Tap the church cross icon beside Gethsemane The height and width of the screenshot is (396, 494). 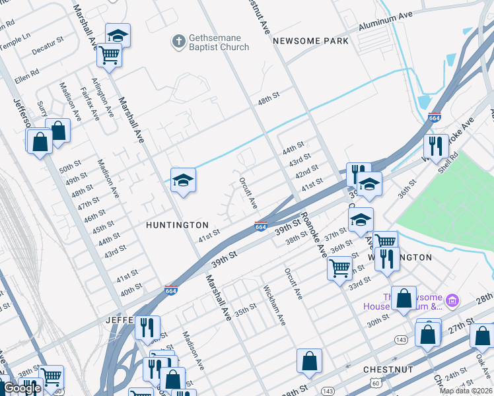coord(177,42)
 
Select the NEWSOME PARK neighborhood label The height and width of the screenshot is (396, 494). coord(310,41)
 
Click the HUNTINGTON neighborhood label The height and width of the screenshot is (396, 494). coord(177,225)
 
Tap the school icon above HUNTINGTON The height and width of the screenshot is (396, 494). coord(183,180)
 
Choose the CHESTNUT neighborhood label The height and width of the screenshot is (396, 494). coord(388,370)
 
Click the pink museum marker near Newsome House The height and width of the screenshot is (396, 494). coord(452,301)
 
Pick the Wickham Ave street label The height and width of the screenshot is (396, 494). coord(274,305)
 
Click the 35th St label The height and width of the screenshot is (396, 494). coord(245,308)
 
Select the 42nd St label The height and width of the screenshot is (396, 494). coord(307,173)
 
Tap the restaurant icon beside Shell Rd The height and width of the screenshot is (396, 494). coord(435,147)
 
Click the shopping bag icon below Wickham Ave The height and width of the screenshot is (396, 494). coord(309,361)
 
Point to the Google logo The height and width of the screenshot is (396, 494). coord(22,389)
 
